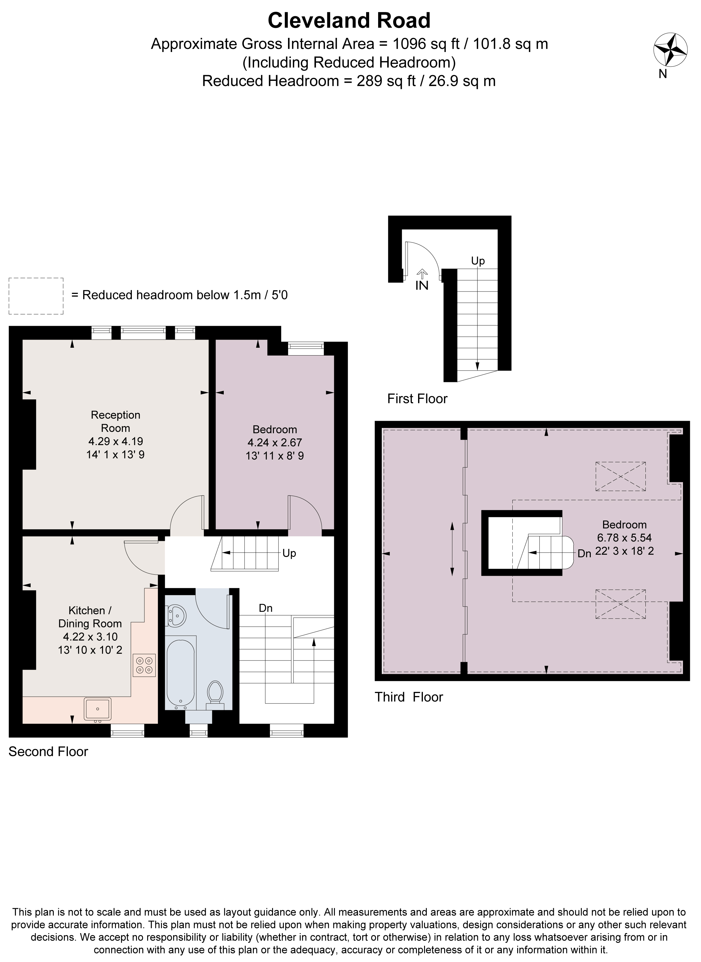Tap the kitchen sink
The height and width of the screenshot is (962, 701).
(x=98, y=709)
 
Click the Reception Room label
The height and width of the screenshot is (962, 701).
(x=115, y=421)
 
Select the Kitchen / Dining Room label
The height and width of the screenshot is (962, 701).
(x=90, y=617)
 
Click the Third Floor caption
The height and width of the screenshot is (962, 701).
(x=409, y=697)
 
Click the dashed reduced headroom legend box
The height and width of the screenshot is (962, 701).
(x=36, y=296)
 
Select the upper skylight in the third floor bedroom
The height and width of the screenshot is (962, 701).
(x=621, y=476)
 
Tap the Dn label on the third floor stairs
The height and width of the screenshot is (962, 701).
(x=584, y=554)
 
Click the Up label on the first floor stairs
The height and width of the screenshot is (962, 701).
(x=478, y=261)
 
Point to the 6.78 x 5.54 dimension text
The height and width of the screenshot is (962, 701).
(x=624, y=538)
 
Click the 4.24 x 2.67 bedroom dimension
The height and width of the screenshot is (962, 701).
(x=275, y=442)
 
